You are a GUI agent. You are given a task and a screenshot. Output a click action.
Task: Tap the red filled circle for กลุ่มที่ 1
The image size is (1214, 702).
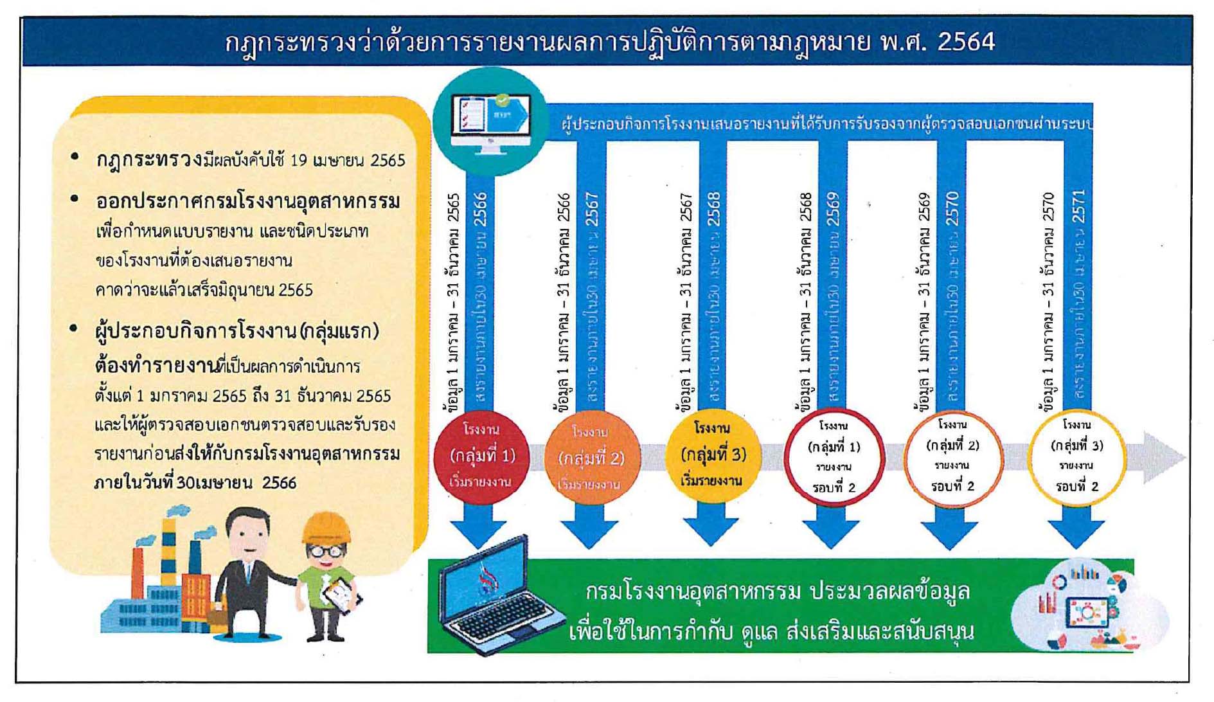point(481,455)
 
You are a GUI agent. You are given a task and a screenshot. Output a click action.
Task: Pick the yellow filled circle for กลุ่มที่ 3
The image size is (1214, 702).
point(712,454)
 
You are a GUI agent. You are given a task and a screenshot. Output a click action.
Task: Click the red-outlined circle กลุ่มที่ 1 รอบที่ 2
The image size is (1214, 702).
point(834,457)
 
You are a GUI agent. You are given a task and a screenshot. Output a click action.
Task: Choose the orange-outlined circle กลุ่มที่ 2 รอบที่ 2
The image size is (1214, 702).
point(952,456)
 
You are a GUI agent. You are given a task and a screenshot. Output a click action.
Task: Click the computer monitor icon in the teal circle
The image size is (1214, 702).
point(490,122)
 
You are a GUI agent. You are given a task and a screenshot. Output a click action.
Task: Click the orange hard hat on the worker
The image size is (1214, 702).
point(326,528)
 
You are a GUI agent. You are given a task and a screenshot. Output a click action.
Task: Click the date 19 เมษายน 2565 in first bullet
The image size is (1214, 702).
point(347,160)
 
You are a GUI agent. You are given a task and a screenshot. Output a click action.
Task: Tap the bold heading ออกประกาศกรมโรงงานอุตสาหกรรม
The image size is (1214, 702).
point(247,201)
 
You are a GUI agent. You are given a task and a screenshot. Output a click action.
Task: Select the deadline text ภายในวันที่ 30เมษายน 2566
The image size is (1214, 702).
point(195,482)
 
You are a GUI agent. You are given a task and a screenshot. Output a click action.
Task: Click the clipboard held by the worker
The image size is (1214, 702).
point(341,595)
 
